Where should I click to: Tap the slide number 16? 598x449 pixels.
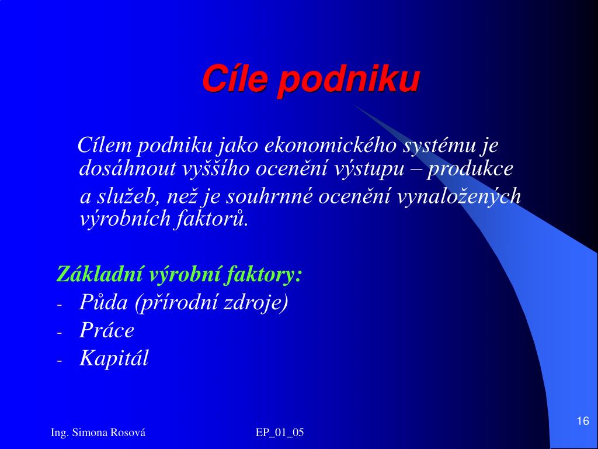coord(583,421)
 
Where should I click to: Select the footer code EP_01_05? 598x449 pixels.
coord(280,433)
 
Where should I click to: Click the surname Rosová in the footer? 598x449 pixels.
coord(128,432)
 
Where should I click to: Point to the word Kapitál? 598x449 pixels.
coord(114,358)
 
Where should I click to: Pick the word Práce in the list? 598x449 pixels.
coord(107,330)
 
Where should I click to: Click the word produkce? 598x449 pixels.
coord(470,170)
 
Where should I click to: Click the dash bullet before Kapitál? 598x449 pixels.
coord(59,361)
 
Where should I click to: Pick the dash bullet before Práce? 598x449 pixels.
coord(59,333)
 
